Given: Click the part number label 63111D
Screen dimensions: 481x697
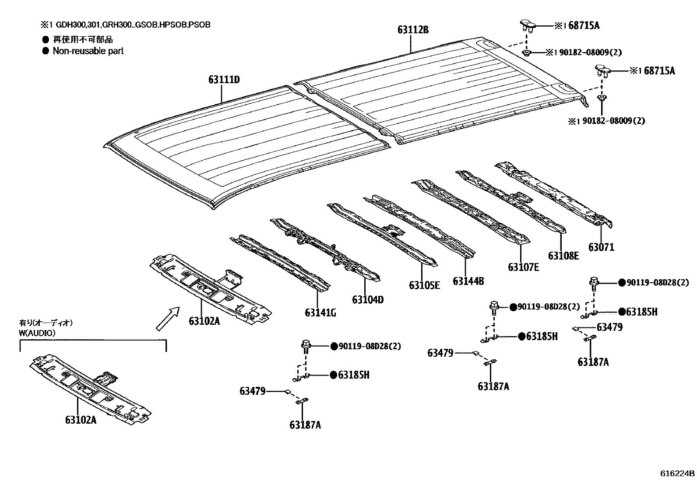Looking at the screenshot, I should [x=224, y=80].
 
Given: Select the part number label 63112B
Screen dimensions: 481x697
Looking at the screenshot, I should [x=413, y=30].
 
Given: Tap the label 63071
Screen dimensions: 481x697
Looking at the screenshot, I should [x=601, y=247].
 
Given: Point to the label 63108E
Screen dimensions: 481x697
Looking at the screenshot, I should [x=563, y=256].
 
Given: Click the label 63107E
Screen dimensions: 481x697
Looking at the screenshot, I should [x=523, y=267].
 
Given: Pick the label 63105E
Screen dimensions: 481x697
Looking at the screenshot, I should [x=424, y=285].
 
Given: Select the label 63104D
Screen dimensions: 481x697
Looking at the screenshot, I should [x=368, y=300].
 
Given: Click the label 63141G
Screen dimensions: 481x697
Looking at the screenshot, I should [x=320, y=312].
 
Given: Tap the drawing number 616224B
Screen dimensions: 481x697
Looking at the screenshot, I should [x=678, y=474].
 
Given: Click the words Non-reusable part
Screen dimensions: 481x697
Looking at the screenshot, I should [x=88, y=51].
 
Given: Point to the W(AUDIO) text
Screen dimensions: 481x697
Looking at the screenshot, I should [x=37, y=333].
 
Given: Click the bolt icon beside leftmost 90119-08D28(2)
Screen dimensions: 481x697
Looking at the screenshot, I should [x=306, y=346].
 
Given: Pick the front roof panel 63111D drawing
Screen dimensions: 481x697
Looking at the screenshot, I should [x=245, y=144].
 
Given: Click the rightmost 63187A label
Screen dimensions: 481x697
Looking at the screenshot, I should [x=593, y=362].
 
